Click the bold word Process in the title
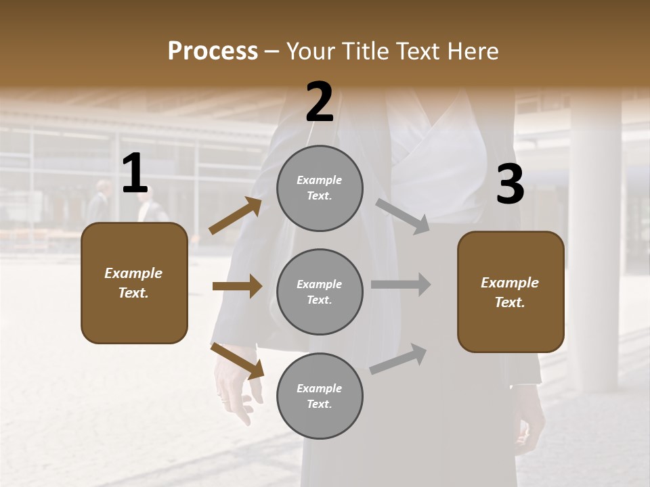(213, 51)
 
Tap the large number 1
(135, 174)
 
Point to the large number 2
(320, 102)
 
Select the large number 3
(510, 185)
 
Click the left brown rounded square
(134, 283)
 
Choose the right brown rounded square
(511, 292)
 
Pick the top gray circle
(320, 188)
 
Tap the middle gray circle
(320, 292)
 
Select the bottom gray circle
(320, 396)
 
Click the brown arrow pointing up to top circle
(236, 216)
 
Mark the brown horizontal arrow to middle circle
(237, 286)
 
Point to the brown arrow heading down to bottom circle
(237, 360)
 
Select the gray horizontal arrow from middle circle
(401, 285)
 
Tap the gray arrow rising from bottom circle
(398, 359)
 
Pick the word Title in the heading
(366, 51)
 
